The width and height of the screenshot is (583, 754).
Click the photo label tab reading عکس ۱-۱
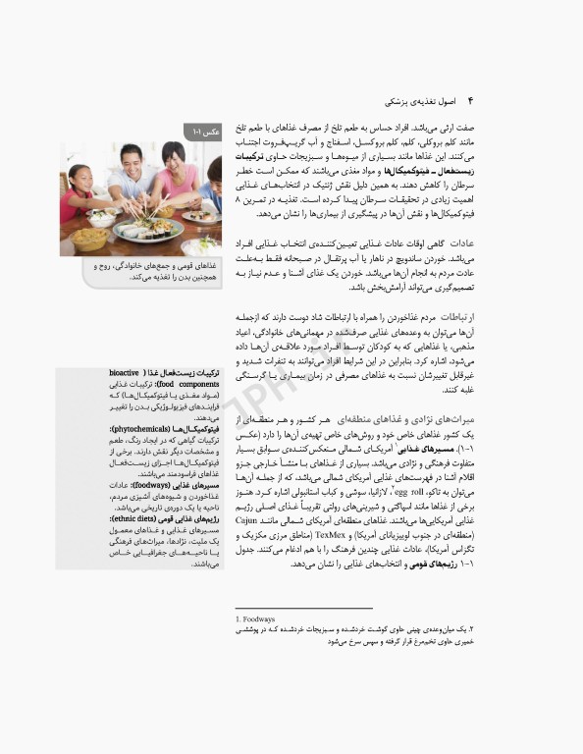click(204, 131)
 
